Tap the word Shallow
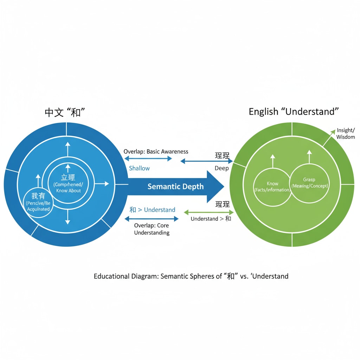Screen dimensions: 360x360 (139, 168)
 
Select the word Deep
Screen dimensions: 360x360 (222, 168)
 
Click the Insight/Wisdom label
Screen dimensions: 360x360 (346, 134)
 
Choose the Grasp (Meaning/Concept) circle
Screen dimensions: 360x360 (310, 182)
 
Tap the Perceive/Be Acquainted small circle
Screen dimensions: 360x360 (38, 203)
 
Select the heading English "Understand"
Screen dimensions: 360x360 (294, 112)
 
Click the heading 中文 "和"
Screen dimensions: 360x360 (66, 112)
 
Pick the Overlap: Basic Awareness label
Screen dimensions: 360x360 (156, 152)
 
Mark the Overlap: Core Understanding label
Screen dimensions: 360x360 (152, 229)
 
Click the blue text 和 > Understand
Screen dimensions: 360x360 (152, 210)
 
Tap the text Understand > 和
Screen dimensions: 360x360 (211, 219)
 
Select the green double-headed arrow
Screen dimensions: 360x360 (209, 212)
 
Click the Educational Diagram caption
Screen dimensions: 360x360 (191, 276)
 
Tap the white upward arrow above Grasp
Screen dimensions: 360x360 (309, 157)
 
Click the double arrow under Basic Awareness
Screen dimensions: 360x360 (148, 159)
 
